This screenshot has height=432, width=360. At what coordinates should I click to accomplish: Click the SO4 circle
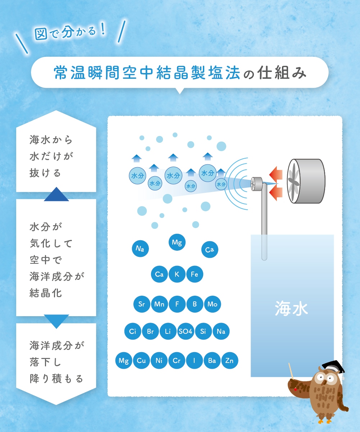click(185, 331)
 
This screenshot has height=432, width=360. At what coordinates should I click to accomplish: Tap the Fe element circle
click(195, 274)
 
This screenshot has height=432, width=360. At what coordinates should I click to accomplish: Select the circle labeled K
click(177, 274)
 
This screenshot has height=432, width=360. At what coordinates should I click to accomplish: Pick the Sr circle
click(142, 304)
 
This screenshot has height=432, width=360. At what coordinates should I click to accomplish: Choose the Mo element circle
click(212, 304)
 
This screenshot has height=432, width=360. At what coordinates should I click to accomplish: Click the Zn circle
click(230, 361)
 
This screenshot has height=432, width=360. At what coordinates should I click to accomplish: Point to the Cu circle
click(141, 361)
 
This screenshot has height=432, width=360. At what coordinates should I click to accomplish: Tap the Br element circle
click(150, 331)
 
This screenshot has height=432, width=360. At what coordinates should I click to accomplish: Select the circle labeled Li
click(168, 331)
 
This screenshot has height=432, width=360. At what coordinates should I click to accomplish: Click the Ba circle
click(212, 361)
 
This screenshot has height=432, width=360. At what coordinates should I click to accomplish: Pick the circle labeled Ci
click(133, 331)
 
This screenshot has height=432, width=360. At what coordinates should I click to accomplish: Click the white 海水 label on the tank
click(291, 309)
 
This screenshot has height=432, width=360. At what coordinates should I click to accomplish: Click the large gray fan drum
click(306, 181)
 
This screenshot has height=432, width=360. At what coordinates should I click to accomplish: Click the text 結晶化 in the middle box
click(46, 293)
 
